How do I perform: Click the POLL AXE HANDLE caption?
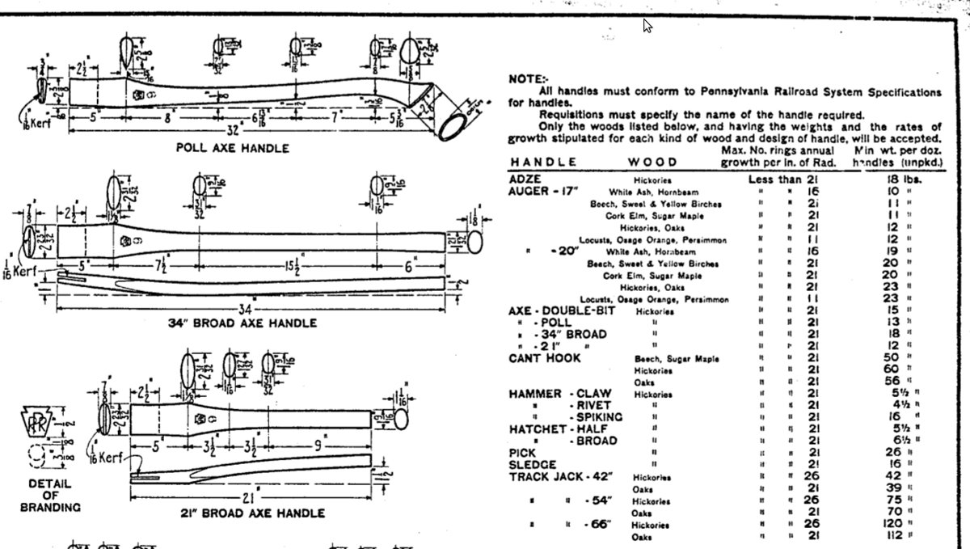[232, 149]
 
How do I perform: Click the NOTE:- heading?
[526, 79]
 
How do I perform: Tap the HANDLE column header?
[542, 163]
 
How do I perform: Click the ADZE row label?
[525, 179]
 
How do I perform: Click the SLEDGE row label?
[533, 465]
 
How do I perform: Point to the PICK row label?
[522, 453]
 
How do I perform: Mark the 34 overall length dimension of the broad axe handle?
[247, 310]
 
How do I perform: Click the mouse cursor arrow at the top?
[647, 26]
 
